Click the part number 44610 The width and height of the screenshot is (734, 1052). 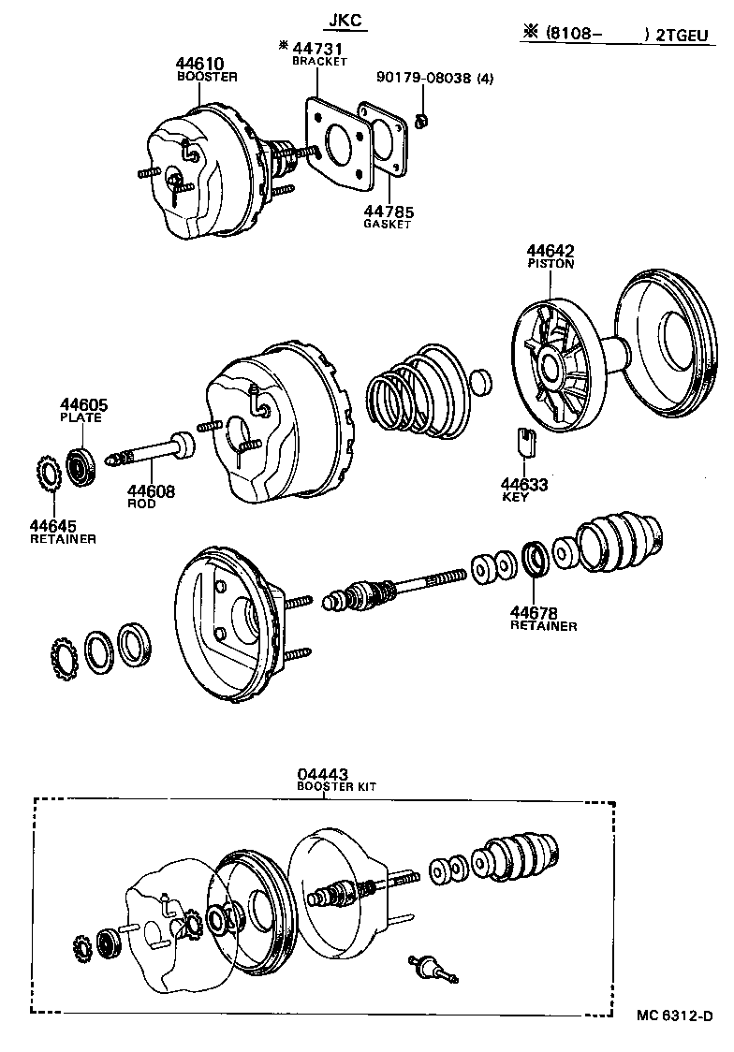(199, 64)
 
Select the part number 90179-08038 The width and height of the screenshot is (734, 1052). (425, 79)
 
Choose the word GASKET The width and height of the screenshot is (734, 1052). (387, 225)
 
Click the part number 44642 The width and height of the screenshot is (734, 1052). (550, 251)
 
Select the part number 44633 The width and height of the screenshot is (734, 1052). (523, 484)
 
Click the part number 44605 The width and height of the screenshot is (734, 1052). (84, 404)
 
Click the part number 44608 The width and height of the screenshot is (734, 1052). (151, 490)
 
